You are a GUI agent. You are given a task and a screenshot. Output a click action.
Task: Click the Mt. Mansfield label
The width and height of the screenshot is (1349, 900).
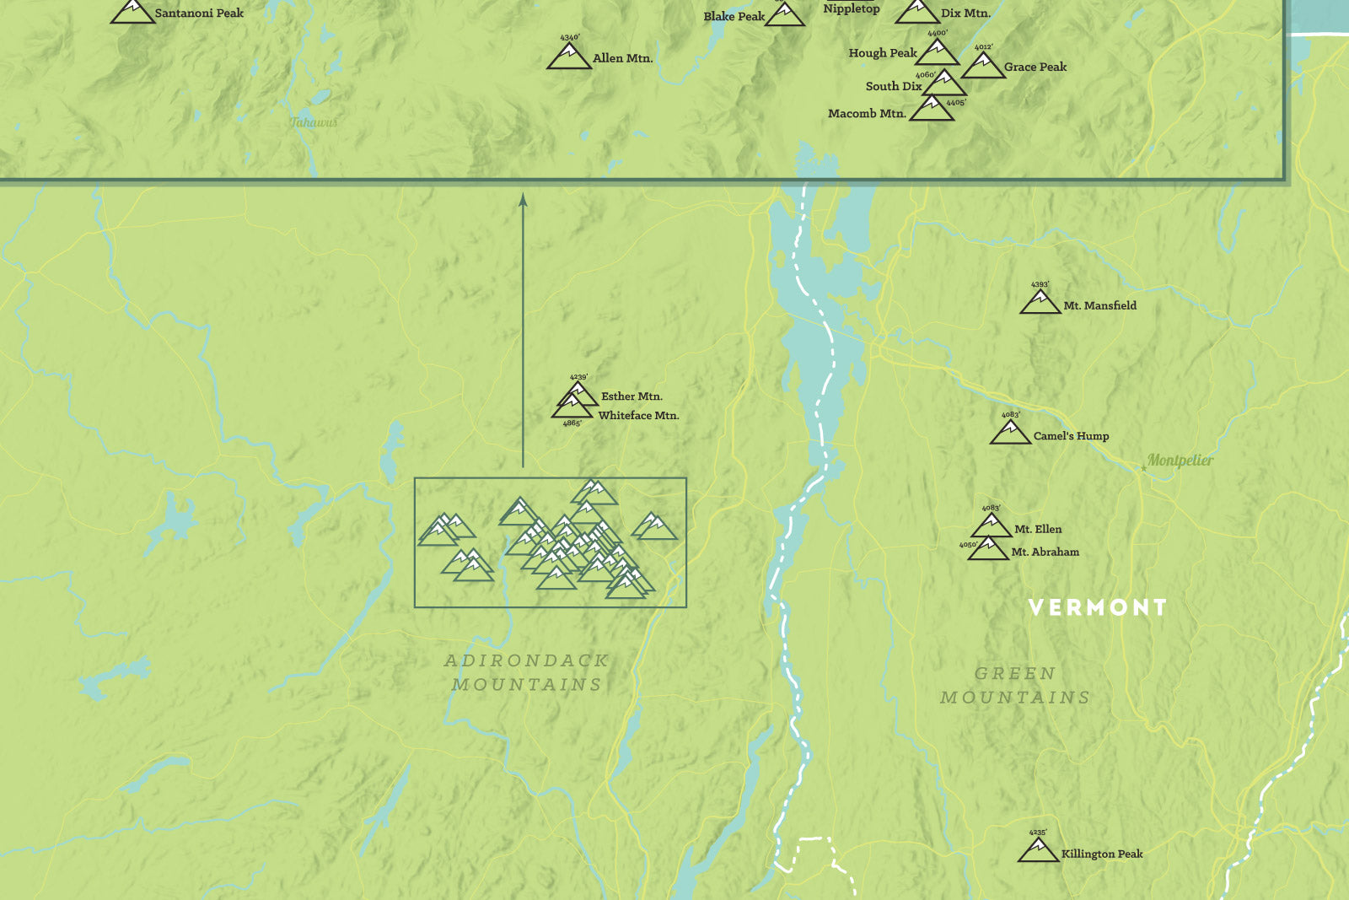coord(1099,305)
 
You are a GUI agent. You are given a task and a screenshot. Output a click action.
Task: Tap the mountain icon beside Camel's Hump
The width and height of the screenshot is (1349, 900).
coord(1010,433)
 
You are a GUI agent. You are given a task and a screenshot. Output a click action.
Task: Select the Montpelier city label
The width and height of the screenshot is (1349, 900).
coord(1180,460)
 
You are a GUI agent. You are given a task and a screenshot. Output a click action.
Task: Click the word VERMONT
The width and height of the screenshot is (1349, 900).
coord(1098,607)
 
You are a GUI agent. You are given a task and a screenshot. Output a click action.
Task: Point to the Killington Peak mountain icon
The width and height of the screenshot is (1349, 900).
coord(1038,850)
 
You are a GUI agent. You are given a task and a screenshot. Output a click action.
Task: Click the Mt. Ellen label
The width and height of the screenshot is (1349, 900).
coord(1038,529)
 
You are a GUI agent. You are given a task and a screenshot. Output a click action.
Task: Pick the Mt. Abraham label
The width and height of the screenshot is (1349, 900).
coord(1045,552)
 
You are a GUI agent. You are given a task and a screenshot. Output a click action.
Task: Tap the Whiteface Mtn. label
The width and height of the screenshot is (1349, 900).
coord(638,415)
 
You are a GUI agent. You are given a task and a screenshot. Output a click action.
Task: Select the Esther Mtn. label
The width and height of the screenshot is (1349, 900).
coord(632,396)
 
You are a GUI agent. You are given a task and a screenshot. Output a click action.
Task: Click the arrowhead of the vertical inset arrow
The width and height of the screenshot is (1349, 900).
coord(523,200)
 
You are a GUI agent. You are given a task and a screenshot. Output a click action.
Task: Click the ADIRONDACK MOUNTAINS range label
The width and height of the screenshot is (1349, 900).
coord(527,672)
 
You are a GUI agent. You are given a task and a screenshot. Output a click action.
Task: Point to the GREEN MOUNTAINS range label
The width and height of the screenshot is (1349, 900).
coord(1015,685)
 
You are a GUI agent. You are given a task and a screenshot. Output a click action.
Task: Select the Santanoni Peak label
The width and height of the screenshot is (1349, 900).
coord(199,13)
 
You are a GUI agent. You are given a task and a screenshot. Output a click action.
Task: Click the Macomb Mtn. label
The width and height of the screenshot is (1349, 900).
coord(867,113)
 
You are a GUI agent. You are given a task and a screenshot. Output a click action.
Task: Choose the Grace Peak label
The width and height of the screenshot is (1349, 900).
coord(1035,67)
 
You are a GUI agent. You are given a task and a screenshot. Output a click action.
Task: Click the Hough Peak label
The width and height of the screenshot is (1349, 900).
coord(882,52)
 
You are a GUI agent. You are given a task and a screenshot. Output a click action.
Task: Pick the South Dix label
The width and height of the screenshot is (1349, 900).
coord(893,86)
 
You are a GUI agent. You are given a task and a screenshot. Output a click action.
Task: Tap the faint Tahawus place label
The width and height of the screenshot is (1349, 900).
coord(314,122)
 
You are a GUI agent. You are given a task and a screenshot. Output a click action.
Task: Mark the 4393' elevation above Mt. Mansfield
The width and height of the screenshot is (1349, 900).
coord(1040,285)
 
